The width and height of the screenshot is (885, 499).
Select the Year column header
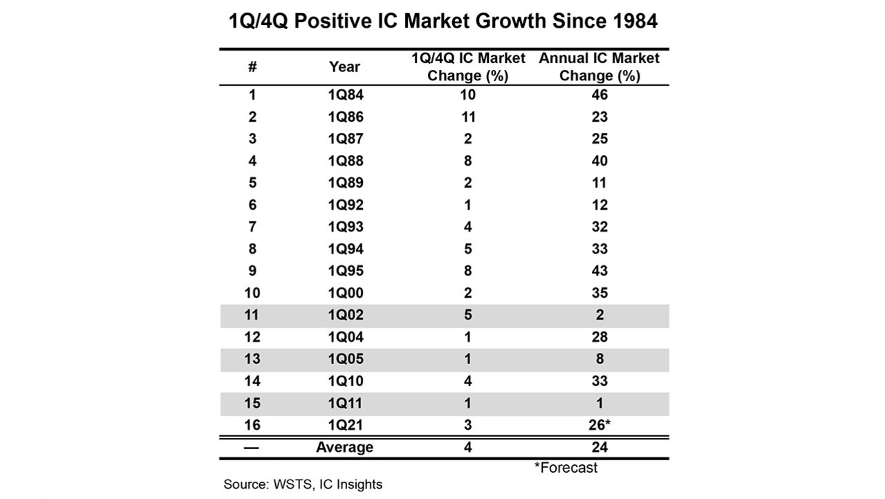pyautogui.click(x=344, y=67)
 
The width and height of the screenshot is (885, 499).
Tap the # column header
pyautogui.click(x=252, y=67)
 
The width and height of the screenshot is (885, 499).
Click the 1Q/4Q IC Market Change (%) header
pyautogui.click(x=468, y=67)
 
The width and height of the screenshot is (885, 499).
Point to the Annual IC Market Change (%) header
pyautogui.click(x=599, y=67)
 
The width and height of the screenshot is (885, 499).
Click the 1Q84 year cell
pyautogui.click(x=345, y=95)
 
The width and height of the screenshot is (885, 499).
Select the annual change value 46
pyautogui.click(x=599, y=95)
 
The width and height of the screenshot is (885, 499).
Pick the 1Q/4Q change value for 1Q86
pyautogui.click(x=468, y=117)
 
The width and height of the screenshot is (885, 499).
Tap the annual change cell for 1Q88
pyautogui.click(x=599, y=161)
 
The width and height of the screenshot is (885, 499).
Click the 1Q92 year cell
pyautogui.click(x=345, y=205)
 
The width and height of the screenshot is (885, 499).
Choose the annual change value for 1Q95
pyautogui.click(x=599, y=271)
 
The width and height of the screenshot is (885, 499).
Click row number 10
pyautogui.click(x=252, y=293)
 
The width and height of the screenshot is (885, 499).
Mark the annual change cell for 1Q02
pyautogui.click(x=599, y=316)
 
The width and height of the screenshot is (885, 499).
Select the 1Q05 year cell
pyautogui.click(x=345, y=359)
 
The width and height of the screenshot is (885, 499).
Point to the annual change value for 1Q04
pyautogui.click(x=599, y=337)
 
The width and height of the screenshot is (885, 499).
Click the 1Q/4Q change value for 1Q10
pyautogui.click(x=468, y=381)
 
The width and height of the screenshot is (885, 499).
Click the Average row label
pyautogui.click(x=344, y=448)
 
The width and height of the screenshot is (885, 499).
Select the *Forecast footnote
pyautogui.click(x=566, y=468)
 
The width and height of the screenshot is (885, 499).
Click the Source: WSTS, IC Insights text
pyautogui.click(x=303, y=484)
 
